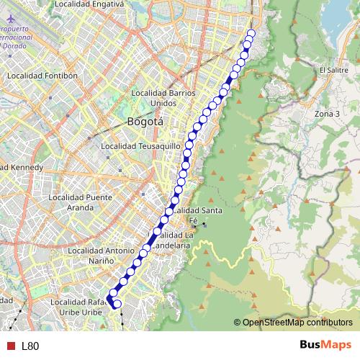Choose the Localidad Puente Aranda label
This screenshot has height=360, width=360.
pyautogui.click(x=80, y=202)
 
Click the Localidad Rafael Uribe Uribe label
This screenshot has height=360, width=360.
pyautogui.click(x=83, y=307)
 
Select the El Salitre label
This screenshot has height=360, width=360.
pyautogui.click(x=333, y=70)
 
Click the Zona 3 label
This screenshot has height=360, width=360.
pyautogui.click(x=327, y=114)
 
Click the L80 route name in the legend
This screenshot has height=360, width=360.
pyautogui.click(x=30, y=346)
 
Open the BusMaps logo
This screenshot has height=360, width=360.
pyautogui.click(x=325, y=346)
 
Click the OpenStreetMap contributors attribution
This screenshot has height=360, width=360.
pyautogui.click(x=297, y=323)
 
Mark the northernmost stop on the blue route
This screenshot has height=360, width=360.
pyautogui.click(x=251, y=32)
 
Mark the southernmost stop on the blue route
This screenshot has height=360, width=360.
pyautogui.click(x=117, y=304)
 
